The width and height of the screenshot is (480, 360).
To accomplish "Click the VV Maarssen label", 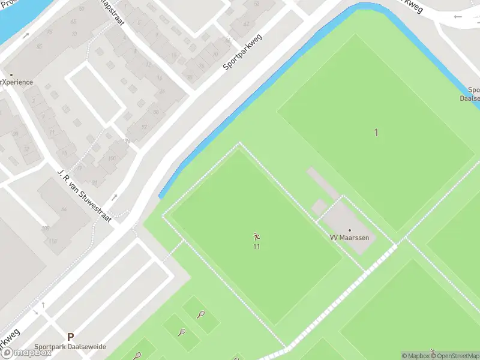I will (x=350, y=238).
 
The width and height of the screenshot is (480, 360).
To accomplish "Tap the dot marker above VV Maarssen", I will (x=350, y=230).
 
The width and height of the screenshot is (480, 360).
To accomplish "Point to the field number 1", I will (x=376, y=133).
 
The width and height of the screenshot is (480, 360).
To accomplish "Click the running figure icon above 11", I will (x=257, y=236).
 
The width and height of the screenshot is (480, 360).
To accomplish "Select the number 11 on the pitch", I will (x=257, y=246).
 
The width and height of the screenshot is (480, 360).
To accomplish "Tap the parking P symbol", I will (x=70, y=337).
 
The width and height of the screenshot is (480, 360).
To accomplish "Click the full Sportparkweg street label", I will (x=244, y=49).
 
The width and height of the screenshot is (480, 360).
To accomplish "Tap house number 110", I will (x=53, y=241).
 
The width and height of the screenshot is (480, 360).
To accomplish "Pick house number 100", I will (x=112, y=158).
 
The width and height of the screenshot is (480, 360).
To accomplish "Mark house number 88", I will (x=156, y=112).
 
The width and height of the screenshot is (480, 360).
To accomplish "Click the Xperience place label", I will (x=16, y=82).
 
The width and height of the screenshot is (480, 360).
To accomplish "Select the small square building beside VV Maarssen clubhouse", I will (x=319, y=207).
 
